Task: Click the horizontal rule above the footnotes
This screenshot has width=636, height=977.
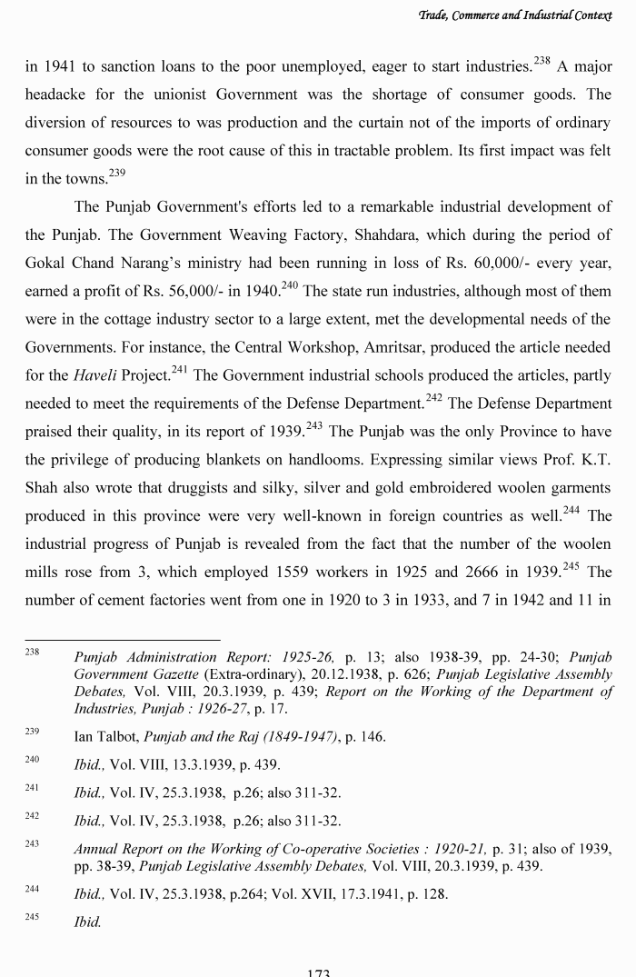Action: (x=122, y=640)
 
